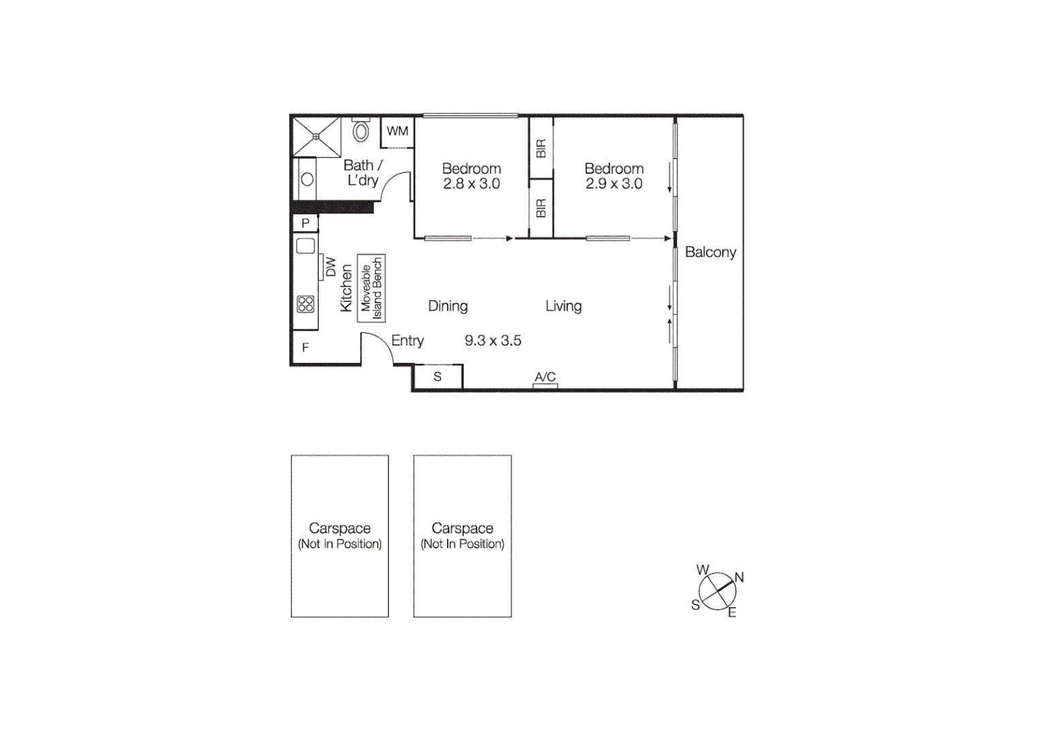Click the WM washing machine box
[x=397, y=132]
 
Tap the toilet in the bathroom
[x=360, y=130]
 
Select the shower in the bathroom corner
[x=316, y=137]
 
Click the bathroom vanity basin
[x=307, y=180]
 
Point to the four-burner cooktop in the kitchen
[x=305, y=304]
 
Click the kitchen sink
[x=305, y=246]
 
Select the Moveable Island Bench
[x=371, y=288]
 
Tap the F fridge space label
[x=305, y=348]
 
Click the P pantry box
[x=305, y=223]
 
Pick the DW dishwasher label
[x=330, y=266]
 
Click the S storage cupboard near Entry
[x=437, y=377]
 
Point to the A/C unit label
[x=545, y=377]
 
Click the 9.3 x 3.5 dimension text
[x=493, y=341]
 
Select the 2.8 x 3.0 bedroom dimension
[x=471, y=184]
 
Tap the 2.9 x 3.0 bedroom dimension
[x=614, y=184]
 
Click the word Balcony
[x=711, y=252]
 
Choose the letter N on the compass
[x=739, y=577]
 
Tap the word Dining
[x=448, y=306]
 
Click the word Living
[x=563, y=306]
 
